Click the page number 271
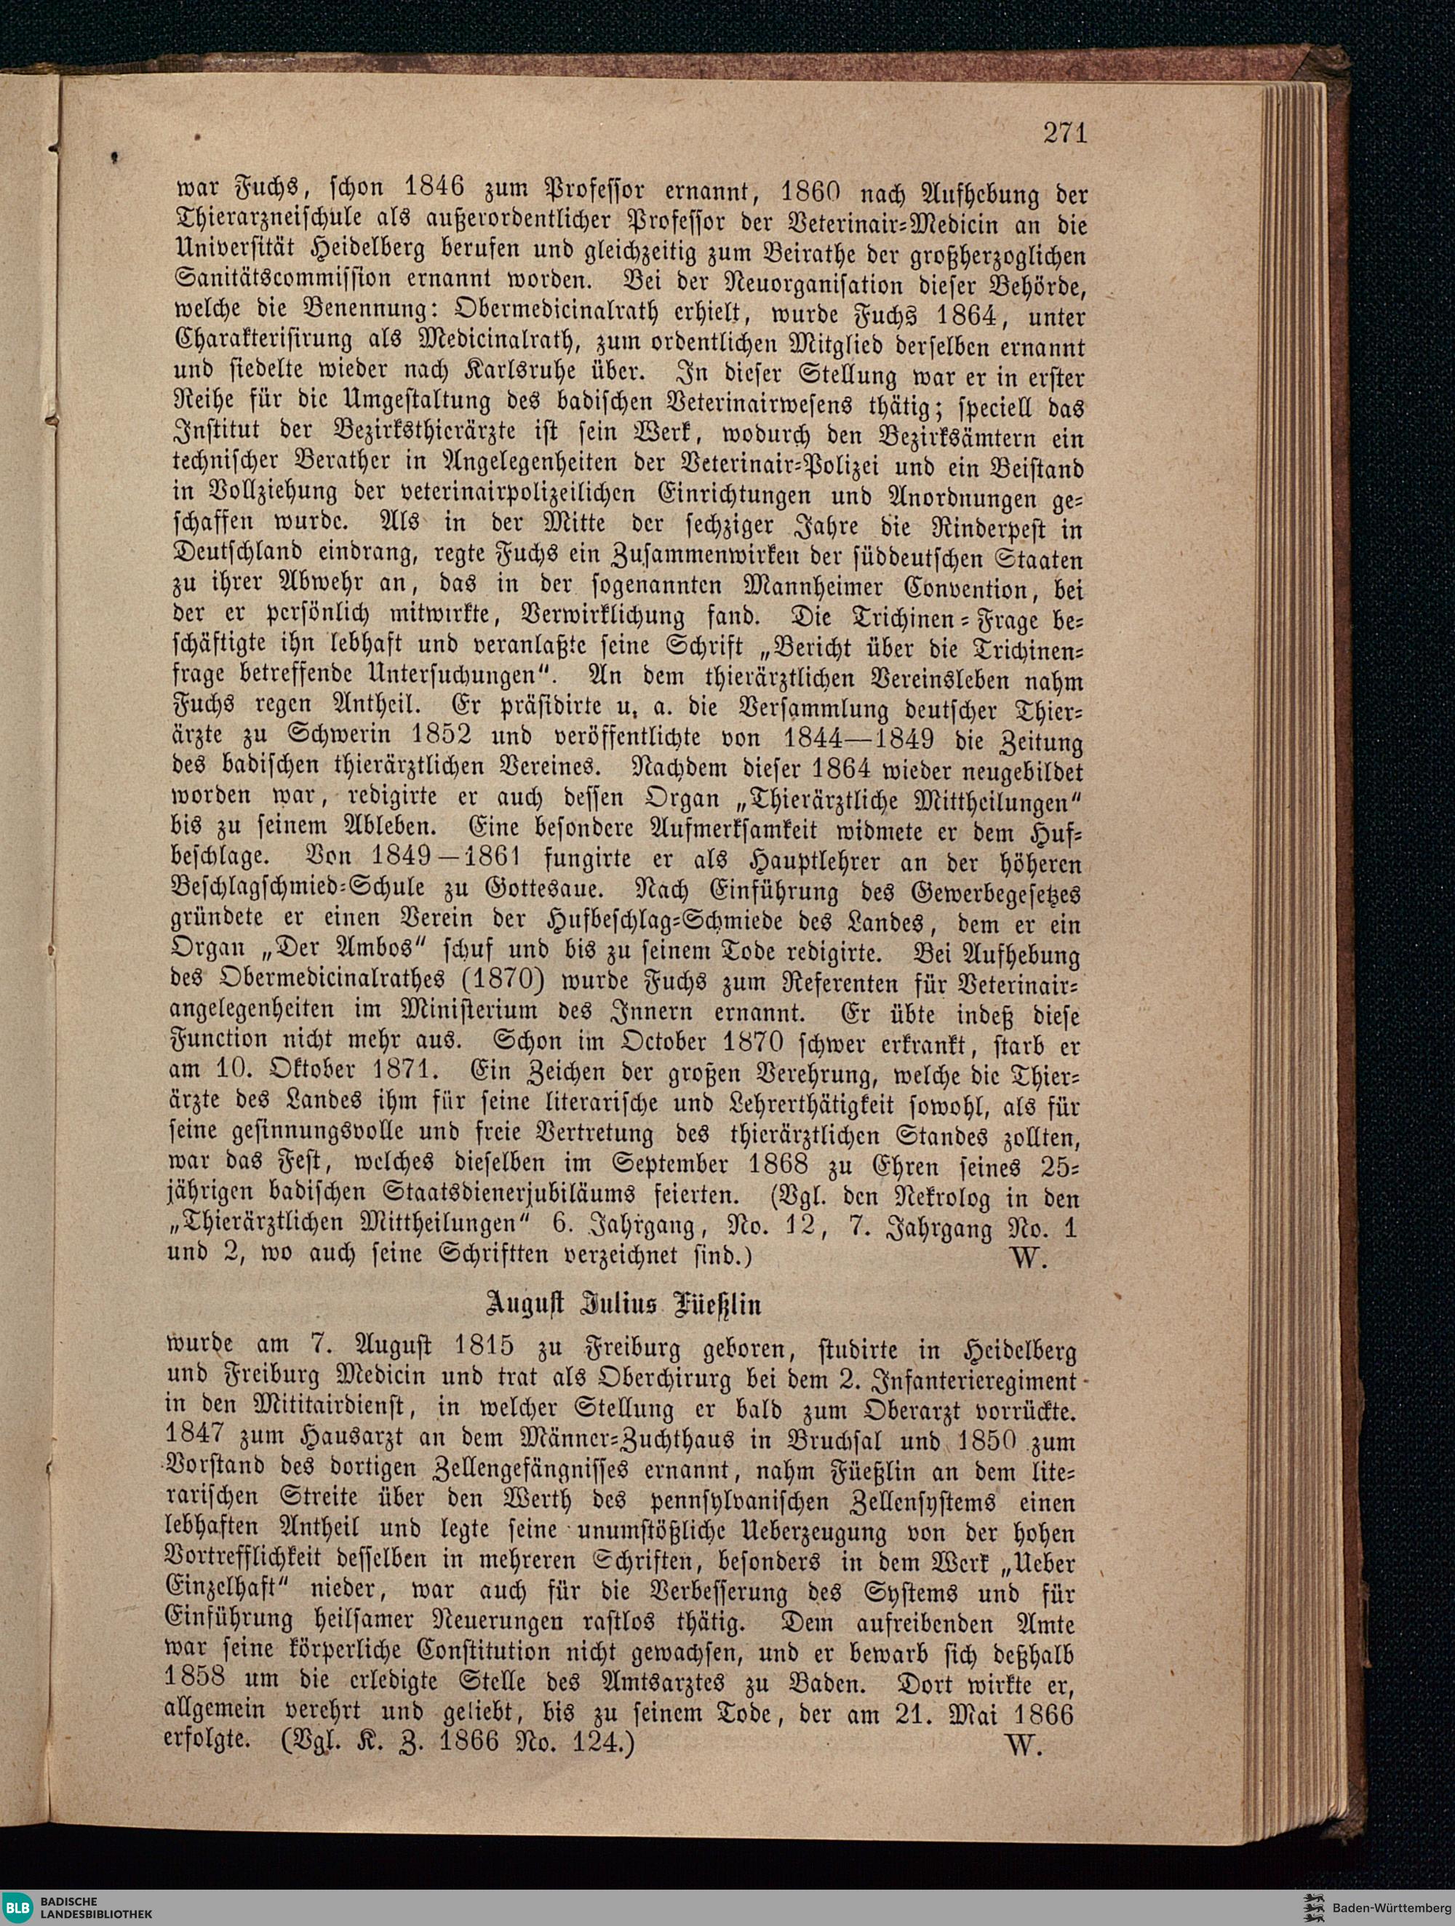click(x=1065, y=132)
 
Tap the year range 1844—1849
click(x=858, y=738)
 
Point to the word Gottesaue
click(x=541, y=891)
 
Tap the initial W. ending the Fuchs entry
click(x=1030, y=1258)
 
